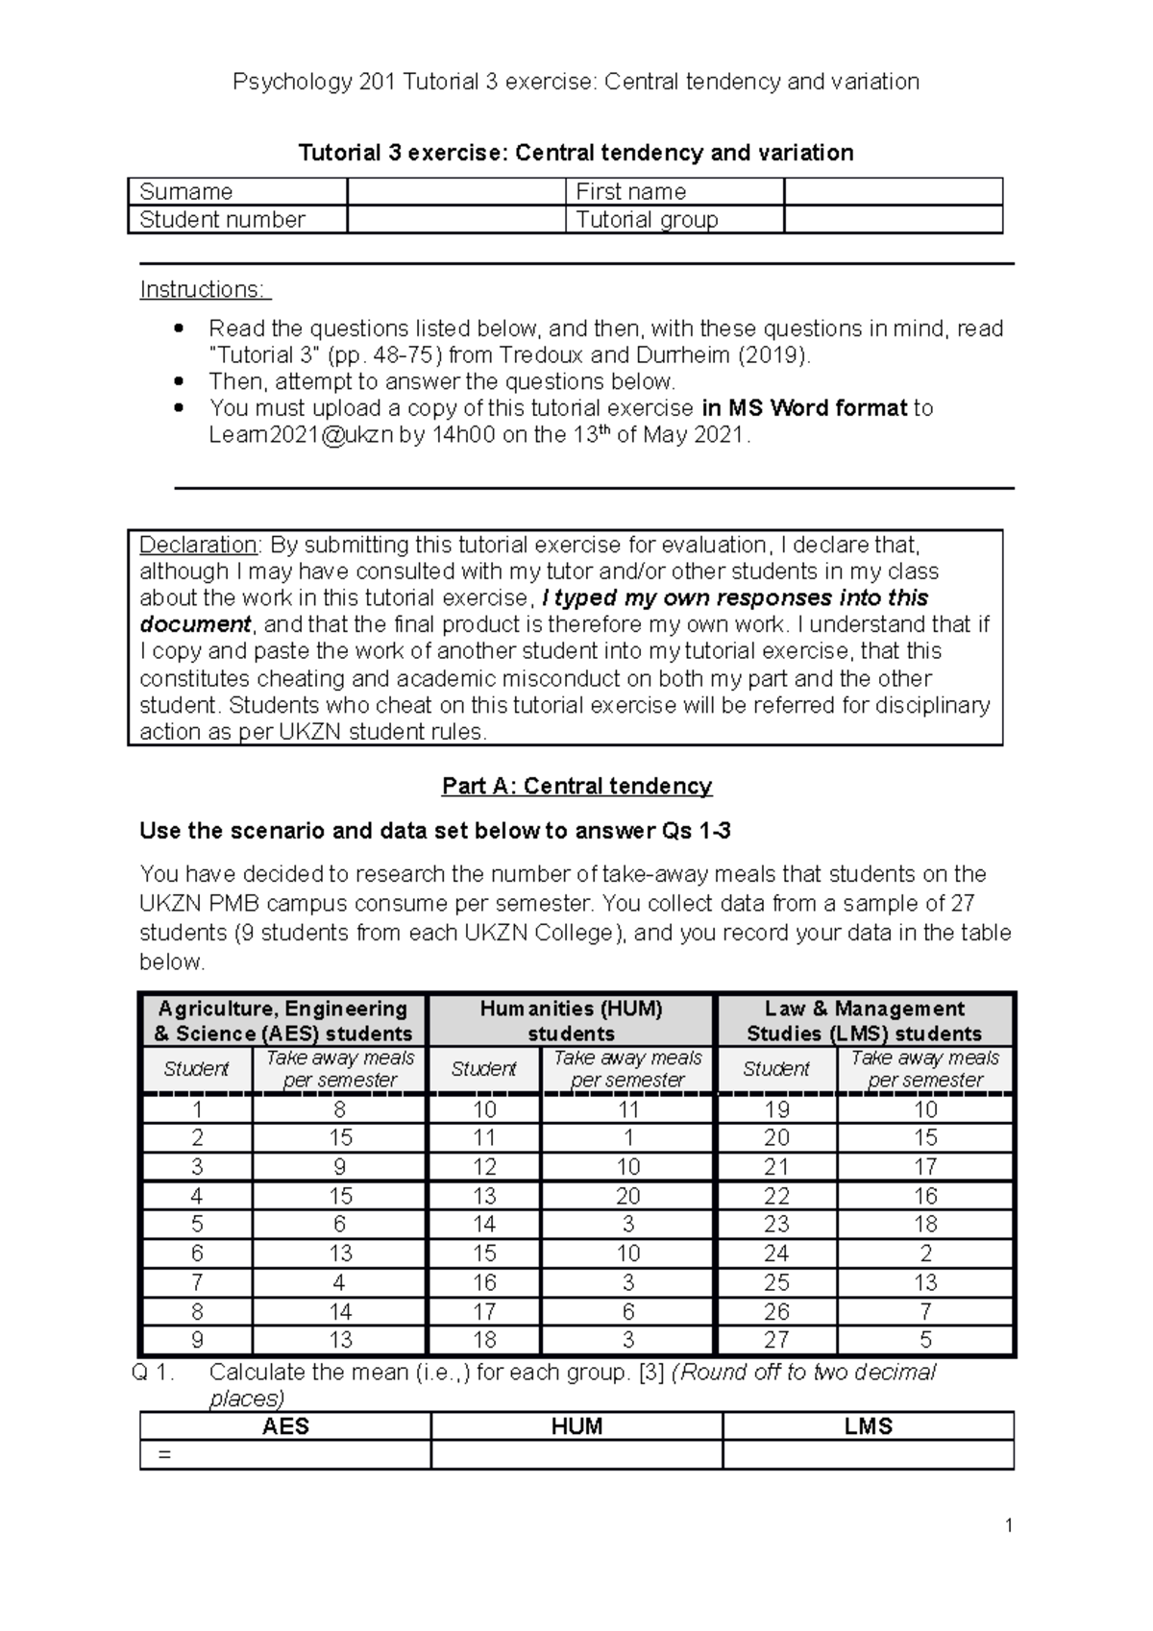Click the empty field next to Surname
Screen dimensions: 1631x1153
455,191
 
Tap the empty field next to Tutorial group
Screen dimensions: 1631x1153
893,220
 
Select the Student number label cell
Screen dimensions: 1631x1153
236,220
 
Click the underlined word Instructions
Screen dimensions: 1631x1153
205,289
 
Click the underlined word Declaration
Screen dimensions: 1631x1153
198,545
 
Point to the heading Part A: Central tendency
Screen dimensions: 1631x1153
576,786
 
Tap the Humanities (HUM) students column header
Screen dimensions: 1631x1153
571,1020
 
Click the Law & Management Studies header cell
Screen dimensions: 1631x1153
864,1020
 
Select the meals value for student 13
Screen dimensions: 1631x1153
627,1196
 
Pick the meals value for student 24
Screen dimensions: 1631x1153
924,1254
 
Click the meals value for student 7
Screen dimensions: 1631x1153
339,1282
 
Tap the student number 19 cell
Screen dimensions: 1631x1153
776,1109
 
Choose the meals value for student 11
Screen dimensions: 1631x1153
627,1138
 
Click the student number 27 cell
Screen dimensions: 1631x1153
776,1340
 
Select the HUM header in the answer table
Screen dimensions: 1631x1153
576,1425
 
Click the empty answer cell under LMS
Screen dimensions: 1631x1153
868,1454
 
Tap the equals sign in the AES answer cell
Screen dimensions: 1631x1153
163,1454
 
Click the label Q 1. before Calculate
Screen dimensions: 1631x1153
153,1372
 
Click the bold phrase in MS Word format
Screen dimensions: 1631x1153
804,408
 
